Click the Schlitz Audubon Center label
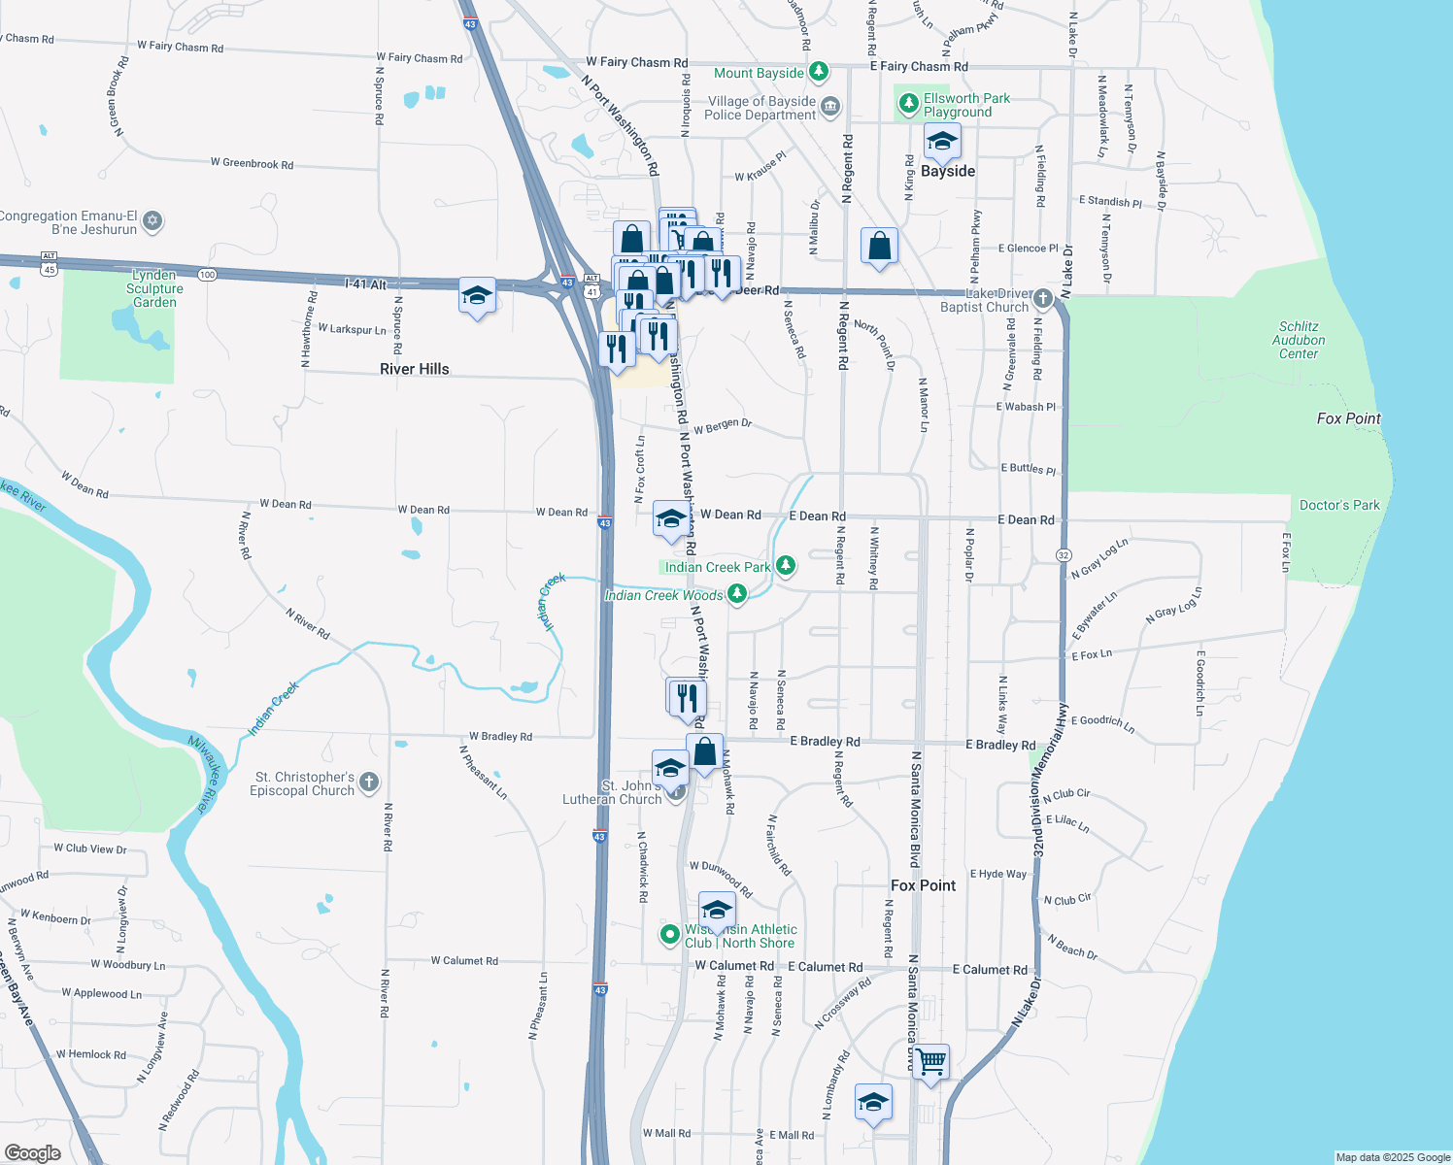pos(1299,341)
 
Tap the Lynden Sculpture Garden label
pos(154,288)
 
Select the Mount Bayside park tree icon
pos(819,72)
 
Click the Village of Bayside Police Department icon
pos(830,107)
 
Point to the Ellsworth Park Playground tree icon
pos(909,103)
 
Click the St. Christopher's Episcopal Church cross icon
pos(369,782)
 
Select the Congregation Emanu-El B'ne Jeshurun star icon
pos(152,221)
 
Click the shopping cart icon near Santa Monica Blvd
pos(930,1061)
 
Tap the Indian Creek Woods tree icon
pos(737,593)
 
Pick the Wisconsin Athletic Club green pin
pos(669,935)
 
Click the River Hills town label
pos(415,369)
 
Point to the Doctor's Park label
pos(1339,505)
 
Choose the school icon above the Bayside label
pos(941,142)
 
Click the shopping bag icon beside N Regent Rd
pos(879,247)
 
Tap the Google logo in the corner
pos(32,1152)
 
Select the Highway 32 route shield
pos(1064,554)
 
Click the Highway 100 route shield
pos(207,275)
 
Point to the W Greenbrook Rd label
pos(252,163)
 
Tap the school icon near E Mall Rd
pos(873,1103)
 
